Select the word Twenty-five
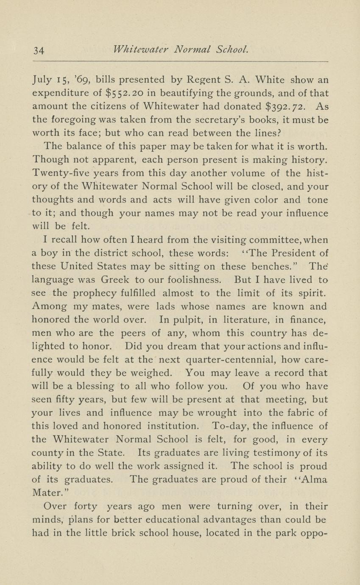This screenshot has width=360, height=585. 60,174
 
